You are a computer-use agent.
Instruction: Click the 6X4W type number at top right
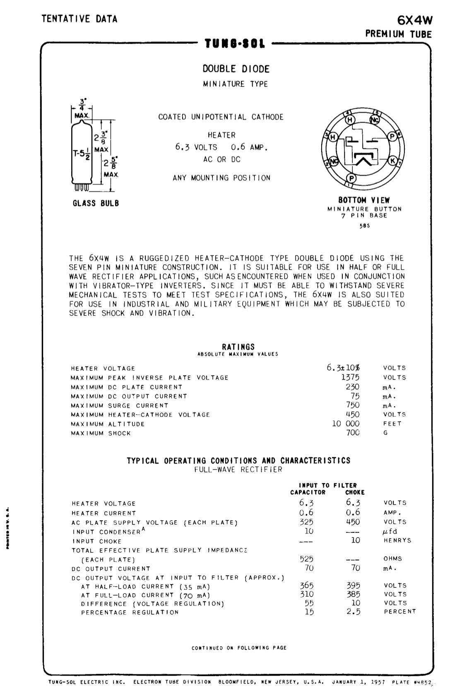click(414, 20)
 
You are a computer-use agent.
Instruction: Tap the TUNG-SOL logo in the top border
click(235, 44)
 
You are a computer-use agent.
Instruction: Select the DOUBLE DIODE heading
click(236, 69)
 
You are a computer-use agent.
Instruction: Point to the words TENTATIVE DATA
click(79, 19)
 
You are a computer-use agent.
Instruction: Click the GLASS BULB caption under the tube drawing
click(96, 203)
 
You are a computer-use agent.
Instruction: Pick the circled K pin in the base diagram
click(393, 161)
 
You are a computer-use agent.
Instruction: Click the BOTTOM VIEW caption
click(364, 200)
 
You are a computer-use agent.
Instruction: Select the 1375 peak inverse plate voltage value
click(350, 377)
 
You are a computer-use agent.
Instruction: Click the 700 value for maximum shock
click(353, 433)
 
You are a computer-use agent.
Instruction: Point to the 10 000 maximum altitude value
click(346, 424)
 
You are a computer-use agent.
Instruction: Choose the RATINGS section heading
click(238, 347)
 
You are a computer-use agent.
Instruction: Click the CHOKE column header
click(355, 493)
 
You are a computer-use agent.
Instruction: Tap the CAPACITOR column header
click(308, 493)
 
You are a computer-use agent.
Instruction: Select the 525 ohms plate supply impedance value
click(306, 559)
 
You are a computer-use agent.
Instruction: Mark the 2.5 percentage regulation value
click(354, 612)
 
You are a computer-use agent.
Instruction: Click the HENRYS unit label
click(397, 541)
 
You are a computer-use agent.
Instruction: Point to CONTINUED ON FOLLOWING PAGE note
click(239, 648)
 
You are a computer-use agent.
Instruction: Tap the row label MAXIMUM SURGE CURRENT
click(120, 406)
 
